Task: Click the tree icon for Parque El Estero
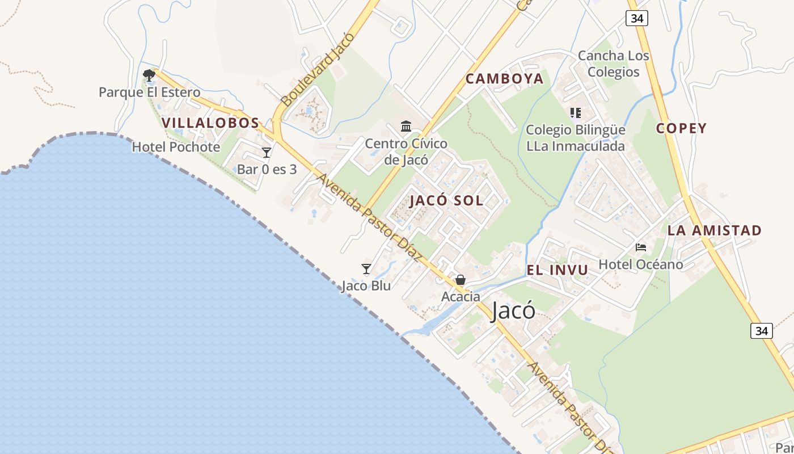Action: (149, 74)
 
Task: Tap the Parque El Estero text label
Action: (149, 92)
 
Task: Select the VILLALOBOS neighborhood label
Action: (210, 123)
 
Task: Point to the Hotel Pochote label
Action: (176, 147)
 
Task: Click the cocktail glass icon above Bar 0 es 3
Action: (267, 152)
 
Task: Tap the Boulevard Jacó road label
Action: (318, 69)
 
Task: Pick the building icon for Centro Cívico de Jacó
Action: (406, 126)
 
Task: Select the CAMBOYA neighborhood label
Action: (505, 79)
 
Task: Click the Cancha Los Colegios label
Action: (613, 64)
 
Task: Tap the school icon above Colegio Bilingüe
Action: (576, 113)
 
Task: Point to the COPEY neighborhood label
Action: (681, 128)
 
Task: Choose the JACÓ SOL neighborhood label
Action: (446, 200)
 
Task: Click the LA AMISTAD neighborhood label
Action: (714, 230)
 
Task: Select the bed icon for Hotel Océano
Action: (641, 247)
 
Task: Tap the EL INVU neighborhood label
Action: (558, 270)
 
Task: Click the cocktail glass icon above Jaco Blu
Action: (366, 268)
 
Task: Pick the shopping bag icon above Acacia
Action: (461, 280)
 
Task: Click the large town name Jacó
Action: (513, 310)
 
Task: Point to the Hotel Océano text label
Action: (641, 264)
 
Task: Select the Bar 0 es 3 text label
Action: (267, 169)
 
